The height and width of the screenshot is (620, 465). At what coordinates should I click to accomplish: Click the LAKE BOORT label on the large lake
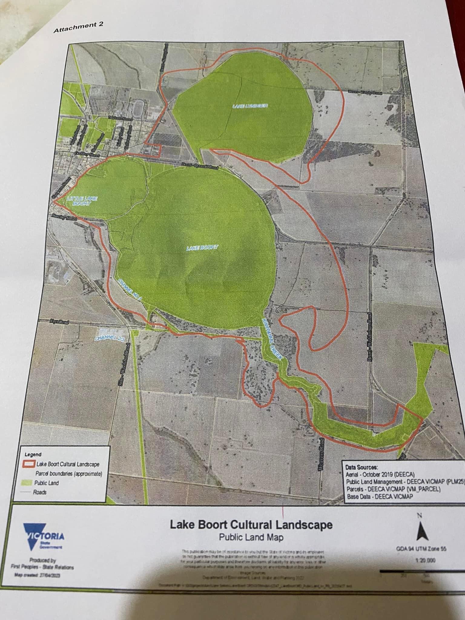pos(202,248)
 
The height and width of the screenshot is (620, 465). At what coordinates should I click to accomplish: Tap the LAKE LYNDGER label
pos(250,106)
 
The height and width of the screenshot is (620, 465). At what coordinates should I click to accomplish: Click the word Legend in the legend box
pos(33,454)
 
